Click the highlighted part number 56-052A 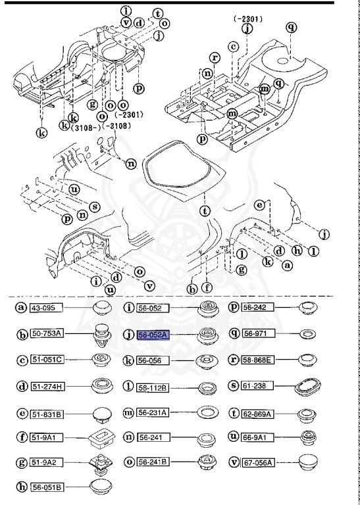[x=153, y=335]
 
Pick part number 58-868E [x=262, y=360]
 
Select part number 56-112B [x=153, y=387]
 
